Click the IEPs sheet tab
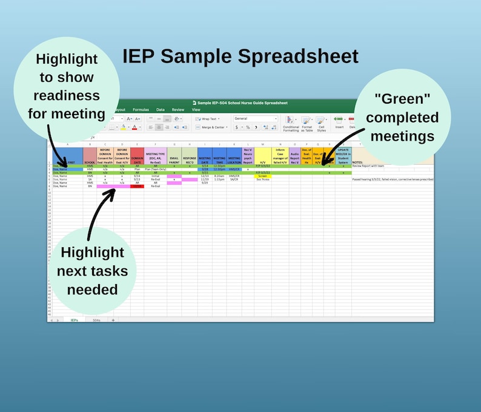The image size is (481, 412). pyautogui.click(x=74, y=319)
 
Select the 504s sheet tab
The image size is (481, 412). pyautogui.click(x=95, y=319)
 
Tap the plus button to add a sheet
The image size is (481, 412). pyautogui.click(x=113, y=319)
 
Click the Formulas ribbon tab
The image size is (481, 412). pyautogui.click(x=141, y=110)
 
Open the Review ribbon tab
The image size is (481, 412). pyautogui.click(x=178, y=110)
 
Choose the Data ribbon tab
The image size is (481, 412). pyautogui.click(x=161, y=110)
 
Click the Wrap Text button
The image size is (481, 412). pyautogui.click(x=208, y=119)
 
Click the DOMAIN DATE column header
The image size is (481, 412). pyautogui.click(x=138, y=157)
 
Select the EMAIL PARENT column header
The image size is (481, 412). pyautogui.click(x=174, y=159)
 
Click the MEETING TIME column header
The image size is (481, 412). pyautogui.click(x=219, y=159)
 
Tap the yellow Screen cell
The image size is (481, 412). pyautogui.click(x=262, y=176)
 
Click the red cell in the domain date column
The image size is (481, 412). pyautogui.click(x=138, y=187)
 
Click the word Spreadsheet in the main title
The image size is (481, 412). pyautogui.click(x=297, y=56)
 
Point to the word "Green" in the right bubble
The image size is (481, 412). pyautogui.click(x=402, y=99)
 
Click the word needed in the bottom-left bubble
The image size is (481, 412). pyautogui.click(x=92, y=289)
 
